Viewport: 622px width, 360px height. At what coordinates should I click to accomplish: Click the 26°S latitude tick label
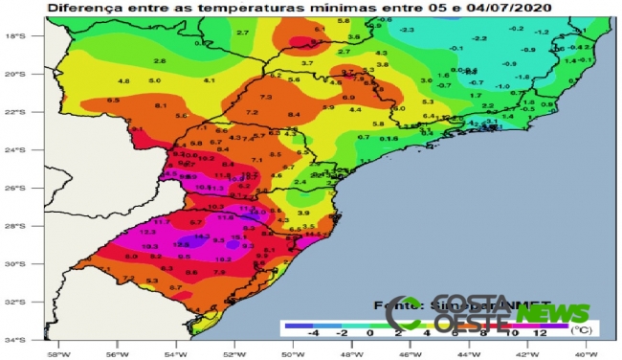pyautogui.click(x=37, y=188)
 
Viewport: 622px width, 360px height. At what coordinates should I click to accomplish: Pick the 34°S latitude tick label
pyautogui.click(x=37, y=339)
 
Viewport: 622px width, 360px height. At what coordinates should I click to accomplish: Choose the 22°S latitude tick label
pyautogui.click(x=37, y=112)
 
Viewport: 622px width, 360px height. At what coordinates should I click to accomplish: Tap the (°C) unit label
pyautogui.click(x=581, y=329)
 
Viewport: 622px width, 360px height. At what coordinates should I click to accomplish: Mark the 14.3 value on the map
pyautogui.click(x=202, y=236)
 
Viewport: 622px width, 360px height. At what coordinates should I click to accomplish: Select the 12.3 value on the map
pyautogui.click(x=148, y=232)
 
